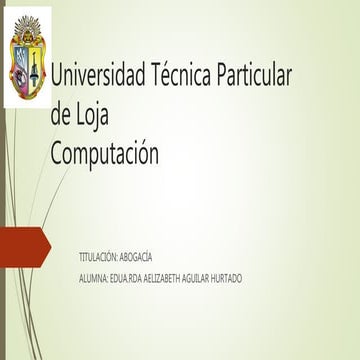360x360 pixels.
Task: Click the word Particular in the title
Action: coord(255,75)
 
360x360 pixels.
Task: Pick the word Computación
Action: coord(104,154)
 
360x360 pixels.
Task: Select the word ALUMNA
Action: coord(94,277)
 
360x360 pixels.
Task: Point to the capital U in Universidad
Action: coord(57,75)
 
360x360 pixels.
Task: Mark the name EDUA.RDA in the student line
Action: coord(126,277)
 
